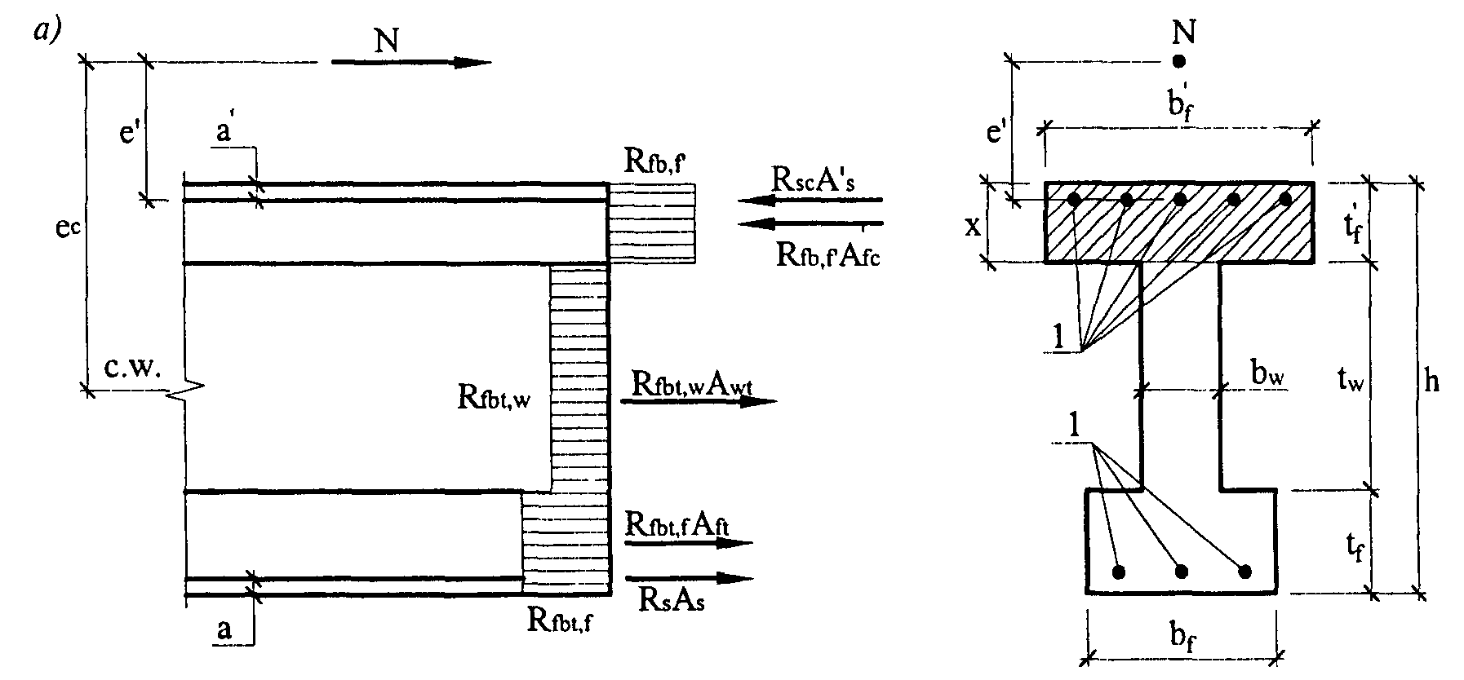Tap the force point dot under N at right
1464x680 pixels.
(1178, 60)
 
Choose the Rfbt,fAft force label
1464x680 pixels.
(677, 523)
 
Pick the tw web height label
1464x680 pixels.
(1350, 381)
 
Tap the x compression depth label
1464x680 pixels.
(973, 226)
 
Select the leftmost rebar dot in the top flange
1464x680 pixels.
(1075, 199)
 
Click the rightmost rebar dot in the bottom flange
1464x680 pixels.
(1244, 571)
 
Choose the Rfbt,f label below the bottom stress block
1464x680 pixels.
(561, 621)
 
